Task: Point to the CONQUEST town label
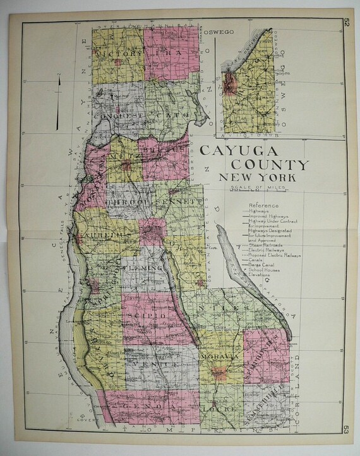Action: click(x=119, y=116)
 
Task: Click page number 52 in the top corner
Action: click(x=346, y=24)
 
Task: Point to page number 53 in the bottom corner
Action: click(x=346, y=432)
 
